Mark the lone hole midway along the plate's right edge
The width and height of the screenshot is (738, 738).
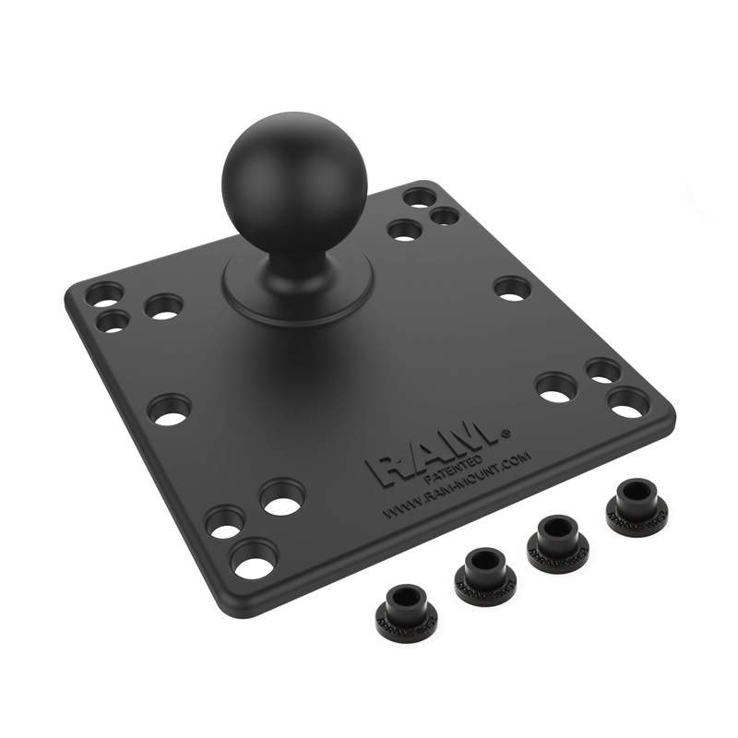[x=512, y=288]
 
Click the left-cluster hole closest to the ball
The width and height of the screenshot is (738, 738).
[x=164, y=306]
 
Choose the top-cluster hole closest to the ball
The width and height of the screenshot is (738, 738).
[x=403, y=230]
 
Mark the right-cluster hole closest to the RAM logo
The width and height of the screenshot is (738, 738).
[x=556, y=387]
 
